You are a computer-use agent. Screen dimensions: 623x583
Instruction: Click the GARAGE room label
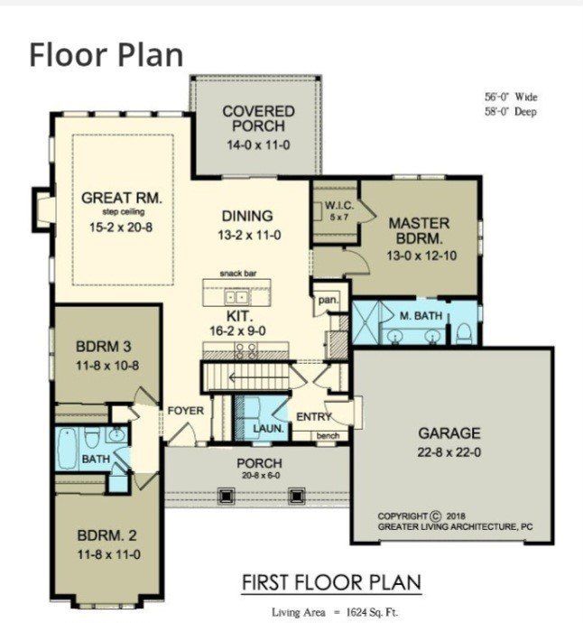[449, 432]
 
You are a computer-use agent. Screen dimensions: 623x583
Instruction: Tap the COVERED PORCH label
[254, 118]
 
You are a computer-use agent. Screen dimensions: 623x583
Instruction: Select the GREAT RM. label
[115, 198]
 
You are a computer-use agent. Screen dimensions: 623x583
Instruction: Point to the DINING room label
[246, 216]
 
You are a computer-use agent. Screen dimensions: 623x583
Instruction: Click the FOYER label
[185, 411]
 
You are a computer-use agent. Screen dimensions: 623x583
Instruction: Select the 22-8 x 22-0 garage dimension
[449, 451]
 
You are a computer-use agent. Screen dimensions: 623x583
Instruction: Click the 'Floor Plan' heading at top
[106, 54]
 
